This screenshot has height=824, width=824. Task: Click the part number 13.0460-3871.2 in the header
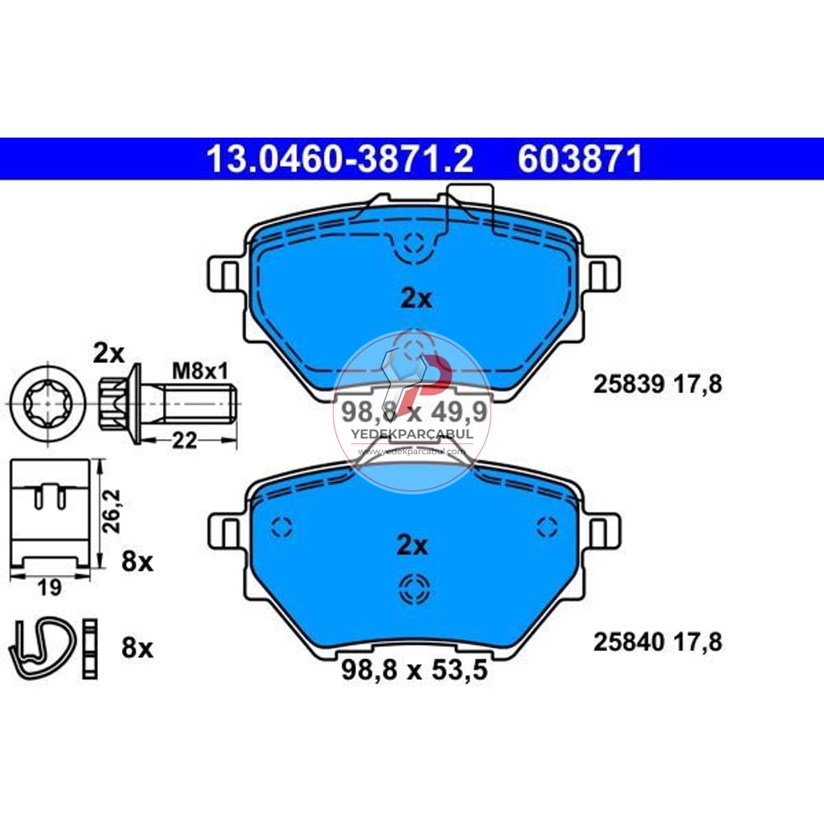[339, 159]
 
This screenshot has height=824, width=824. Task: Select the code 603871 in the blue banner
[579, 159]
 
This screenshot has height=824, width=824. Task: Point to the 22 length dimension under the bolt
[185, 441]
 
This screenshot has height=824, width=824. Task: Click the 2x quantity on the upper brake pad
[416, 299]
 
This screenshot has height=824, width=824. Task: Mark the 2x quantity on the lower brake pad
[412, 545]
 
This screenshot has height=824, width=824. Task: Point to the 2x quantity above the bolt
[108, 354]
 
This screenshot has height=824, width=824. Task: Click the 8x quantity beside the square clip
[138, 563]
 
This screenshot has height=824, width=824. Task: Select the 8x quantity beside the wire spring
[138, 649]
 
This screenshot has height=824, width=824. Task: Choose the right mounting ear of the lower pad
[600, 528]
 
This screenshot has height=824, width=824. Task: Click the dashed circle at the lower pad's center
[411, 588]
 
